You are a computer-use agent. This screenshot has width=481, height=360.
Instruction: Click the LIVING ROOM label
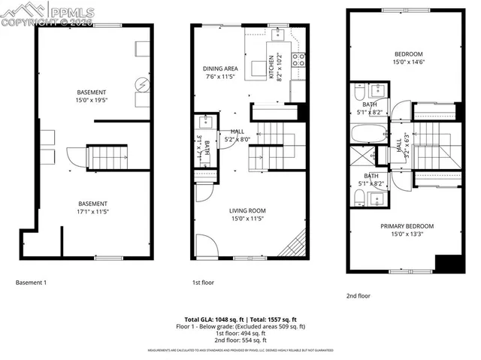click(x=248, y=211)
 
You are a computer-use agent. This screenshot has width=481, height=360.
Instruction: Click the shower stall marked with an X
click(x=362, y=159)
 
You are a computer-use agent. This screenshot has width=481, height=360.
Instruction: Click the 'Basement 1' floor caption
click(x=32, y=283)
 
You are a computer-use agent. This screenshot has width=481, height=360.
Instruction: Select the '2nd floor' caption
click(x=358, y=296)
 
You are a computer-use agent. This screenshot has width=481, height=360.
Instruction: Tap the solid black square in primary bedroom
click(x=449, y=265)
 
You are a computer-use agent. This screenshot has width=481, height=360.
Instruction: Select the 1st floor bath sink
click(x=204, y=123)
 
